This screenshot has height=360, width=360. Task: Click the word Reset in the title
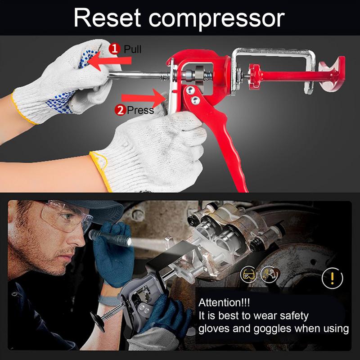coord(107,18)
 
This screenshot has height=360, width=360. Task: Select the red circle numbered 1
coord(114,49)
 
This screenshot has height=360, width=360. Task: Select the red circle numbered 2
coord(120,109)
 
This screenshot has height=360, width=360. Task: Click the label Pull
coord(132,49)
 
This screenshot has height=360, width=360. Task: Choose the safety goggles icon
coord(248,274)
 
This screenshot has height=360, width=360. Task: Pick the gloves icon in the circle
coord(270,274)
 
